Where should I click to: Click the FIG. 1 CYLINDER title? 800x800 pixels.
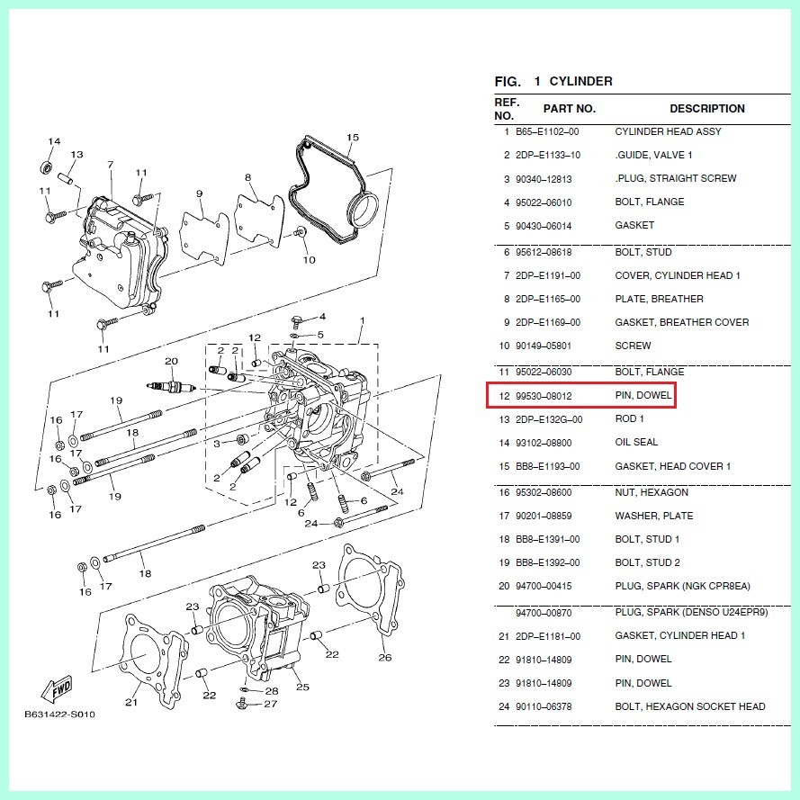553,82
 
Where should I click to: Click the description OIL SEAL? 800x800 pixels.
636,443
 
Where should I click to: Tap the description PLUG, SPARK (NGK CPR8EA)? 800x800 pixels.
682,587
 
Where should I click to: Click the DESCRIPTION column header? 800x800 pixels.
706,109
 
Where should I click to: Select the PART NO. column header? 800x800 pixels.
569,109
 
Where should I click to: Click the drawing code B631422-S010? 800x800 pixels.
59,715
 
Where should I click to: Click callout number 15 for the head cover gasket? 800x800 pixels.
353,138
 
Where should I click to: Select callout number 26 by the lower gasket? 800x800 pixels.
385,658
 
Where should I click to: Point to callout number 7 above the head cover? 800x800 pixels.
110,166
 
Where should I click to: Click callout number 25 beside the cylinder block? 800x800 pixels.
302,688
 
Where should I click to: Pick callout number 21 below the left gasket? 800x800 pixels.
131,703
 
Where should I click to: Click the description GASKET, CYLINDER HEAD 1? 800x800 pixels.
679,636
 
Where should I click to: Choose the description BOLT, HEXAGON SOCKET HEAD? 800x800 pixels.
690,706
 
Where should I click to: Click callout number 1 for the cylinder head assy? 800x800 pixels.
362,321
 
